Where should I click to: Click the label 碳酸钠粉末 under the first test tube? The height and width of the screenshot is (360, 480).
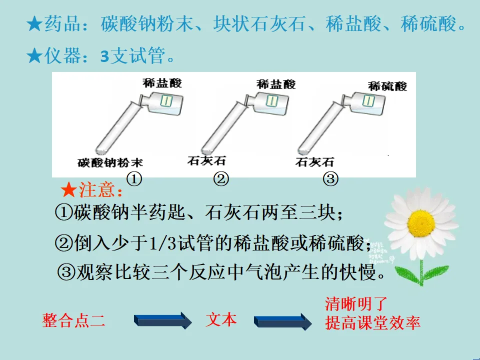tap(110, 162)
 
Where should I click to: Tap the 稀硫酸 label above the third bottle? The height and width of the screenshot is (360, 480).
tap(387, 85)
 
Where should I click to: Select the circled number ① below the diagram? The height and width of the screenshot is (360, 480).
tap(134, 178)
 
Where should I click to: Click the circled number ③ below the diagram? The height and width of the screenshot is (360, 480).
tap(330, 178)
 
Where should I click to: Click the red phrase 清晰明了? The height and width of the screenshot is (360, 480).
tap(356, 303)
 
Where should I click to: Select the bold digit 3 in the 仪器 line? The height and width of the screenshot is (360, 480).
tap(104, 57)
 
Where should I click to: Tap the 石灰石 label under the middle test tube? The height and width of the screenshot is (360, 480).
tap(206, 160)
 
